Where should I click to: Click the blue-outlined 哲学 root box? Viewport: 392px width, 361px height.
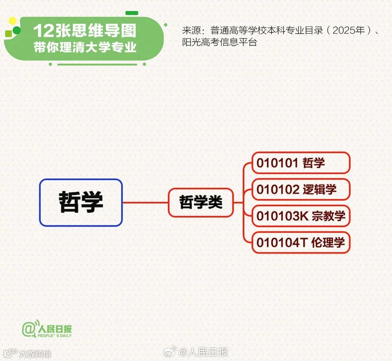pos(81,202)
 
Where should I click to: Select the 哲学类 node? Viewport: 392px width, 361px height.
pos(201,202)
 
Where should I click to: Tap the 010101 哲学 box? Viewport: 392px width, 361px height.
pos(301,163)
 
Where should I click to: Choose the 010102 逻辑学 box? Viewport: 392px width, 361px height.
pos(301,189)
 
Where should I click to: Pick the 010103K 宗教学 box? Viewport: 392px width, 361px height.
pos(301,216)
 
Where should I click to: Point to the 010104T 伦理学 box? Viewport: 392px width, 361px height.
pos(301,243)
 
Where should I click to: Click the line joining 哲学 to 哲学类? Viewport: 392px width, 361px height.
pos(145,203)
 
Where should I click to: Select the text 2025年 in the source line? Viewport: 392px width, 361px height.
pos(348,31)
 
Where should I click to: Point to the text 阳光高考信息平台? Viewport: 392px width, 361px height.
pos(219,42)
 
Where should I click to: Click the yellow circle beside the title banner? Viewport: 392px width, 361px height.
pos(13,20)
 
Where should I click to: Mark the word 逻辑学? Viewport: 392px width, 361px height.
pos(319,189)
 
